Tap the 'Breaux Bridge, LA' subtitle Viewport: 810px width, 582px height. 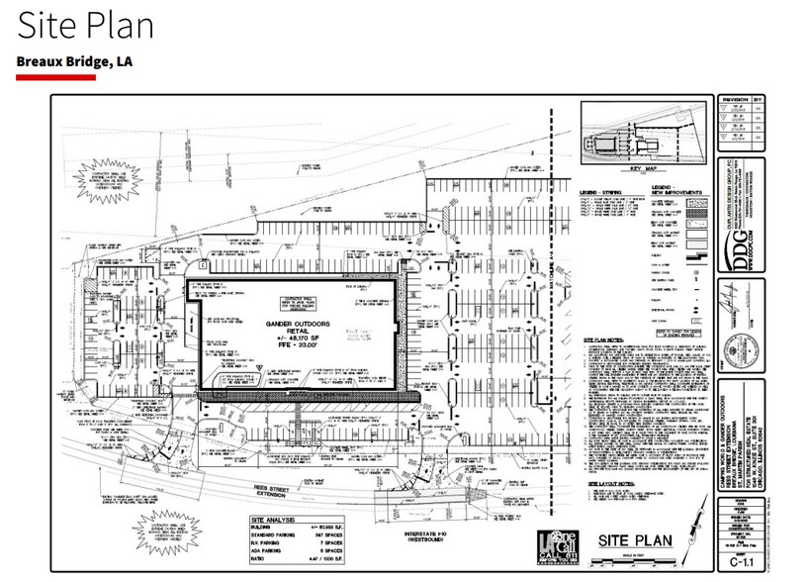75,61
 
